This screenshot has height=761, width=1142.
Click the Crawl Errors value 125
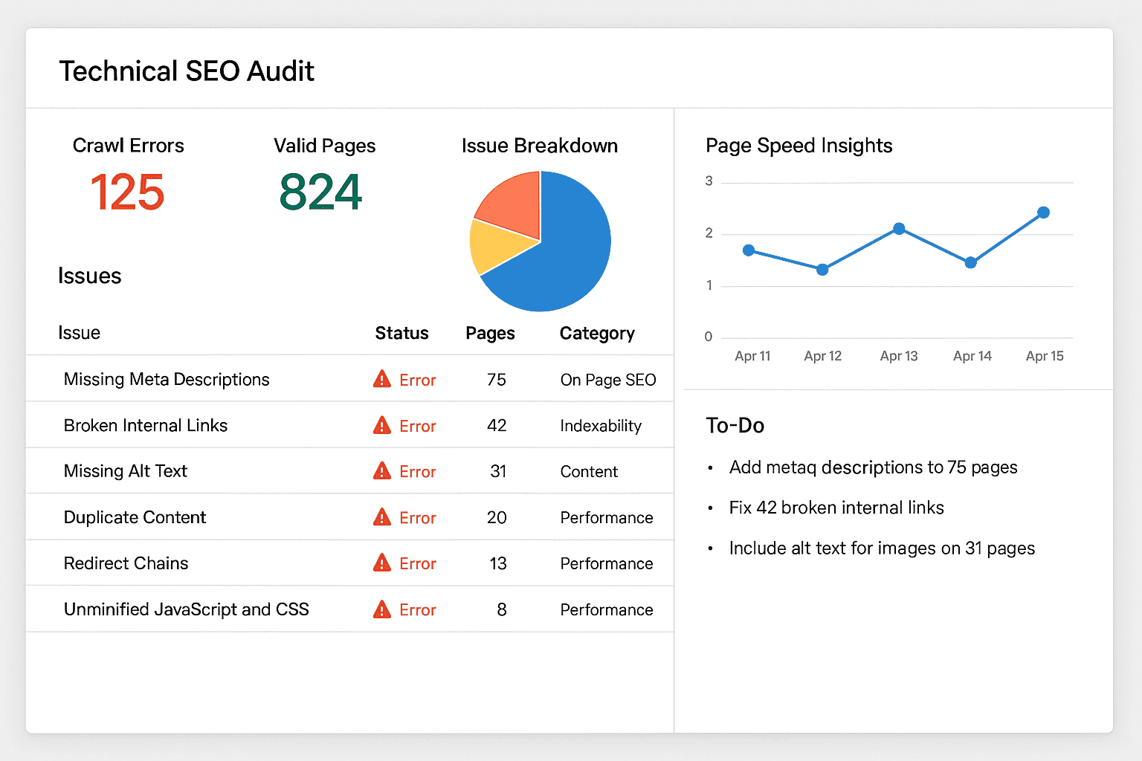pyautogui.click(x=127, y=192)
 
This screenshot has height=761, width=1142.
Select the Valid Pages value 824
pyautogui.click(x=320, y=192)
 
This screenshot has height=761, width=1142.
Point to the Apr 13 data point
pyautogui.click(x=899, y=229)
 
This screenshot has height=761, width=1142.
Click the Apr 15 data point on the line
pyautogui.click(x=1043, y=213)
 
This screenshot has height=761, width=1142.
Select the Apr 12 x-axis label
pyautogui.click(x=822, y=356)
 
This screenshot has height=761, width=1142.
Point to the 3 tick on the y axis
pyautogui.click(x=709, y=181)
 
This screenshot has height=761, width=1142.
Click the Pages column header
pyautogui.click(x=490, y=333)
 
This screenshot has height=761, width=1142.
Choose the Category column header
pyautogui.click(x=597, y=333)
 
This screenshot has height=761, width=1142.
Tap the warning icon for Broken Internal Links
pyautogui.click(x=382, y=425)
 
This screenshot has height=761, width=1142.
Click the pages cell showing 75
pyautogui.click(x=497, y=380)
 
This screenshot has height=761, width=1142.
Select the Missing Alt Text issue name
pyautogui.click(x=126, y=471)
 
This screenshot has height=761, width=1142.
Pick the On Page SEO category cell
pyautogui.click(x=608, y=380)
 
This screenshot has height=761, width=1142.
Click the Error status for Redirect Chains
pyautogui.click(x=417, y=564)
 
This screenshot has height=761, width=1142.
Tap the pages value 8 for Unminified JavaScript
pyautogui.click(x=502, y=610)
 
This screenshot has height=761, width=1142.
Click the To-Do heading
pyautogui.click(x=735, y=425)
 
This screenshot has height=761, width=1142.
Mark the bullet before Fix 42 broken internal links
pyautogui.click(x=711, y=508)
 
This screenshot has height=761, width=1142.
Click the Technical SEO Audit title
pyautogui.click(x=187, y=71)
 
